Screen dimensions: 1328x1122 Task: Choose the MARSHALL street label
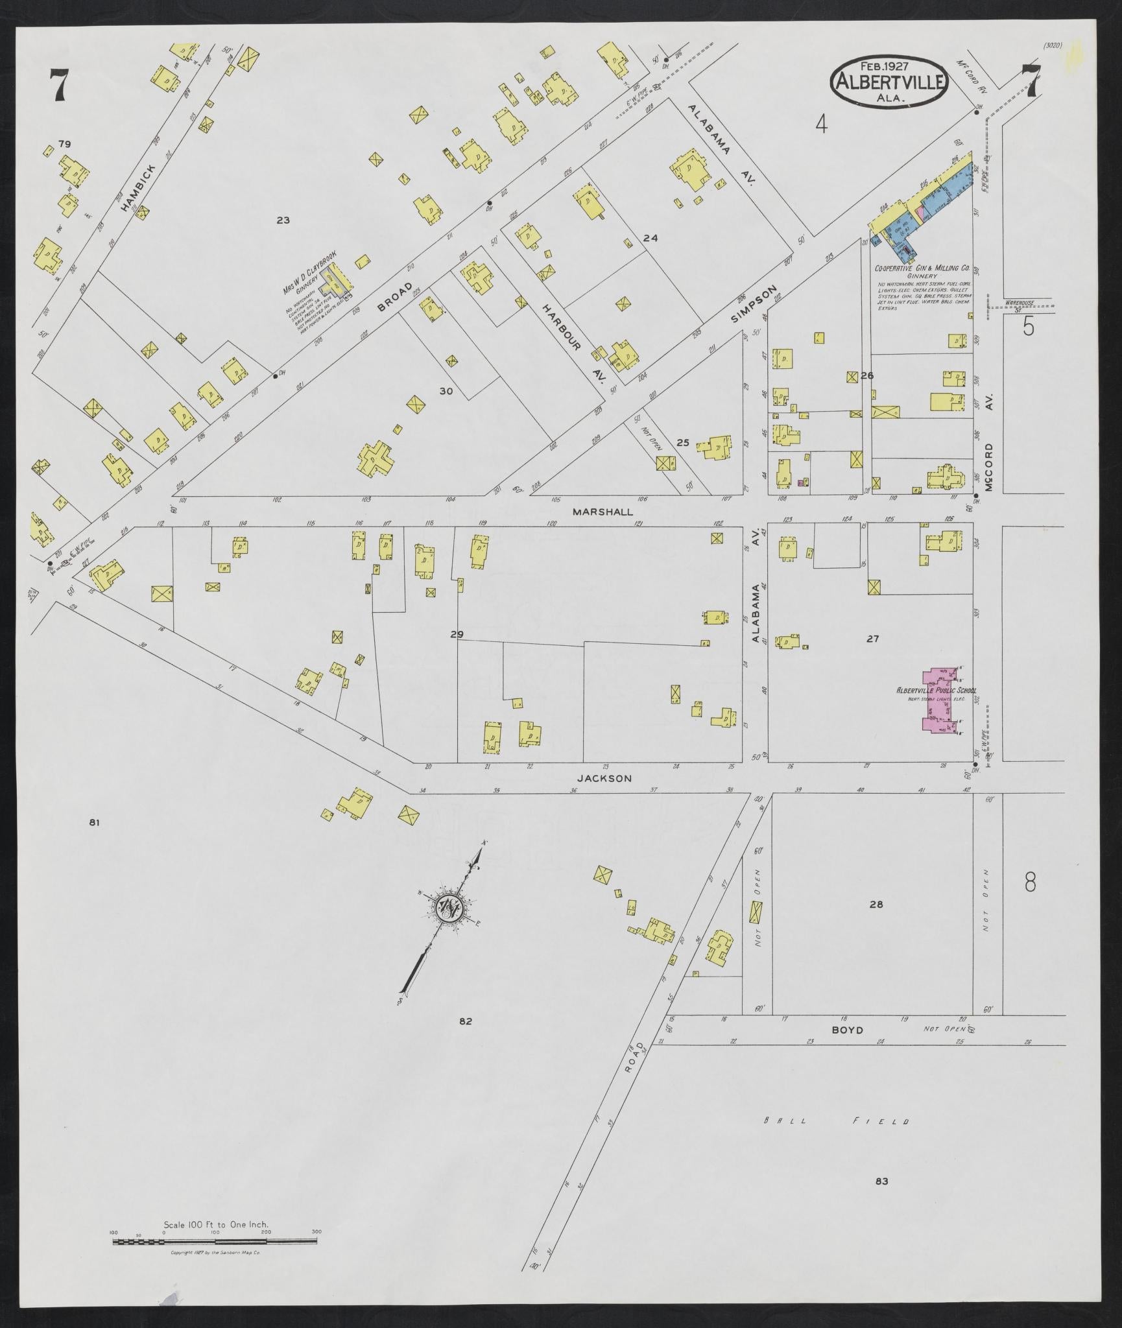click(x=603, y=512)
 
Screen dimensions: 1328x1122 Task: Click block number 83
click(x=881, y=1181)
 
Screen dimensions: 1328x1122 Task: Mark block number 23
click(x=283, y=220)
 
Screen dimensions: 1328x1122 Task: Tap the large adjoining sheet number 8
click(x=1029, y=883)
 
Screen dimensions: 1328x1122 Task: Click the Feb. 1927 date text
click(x=884, y=65)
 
